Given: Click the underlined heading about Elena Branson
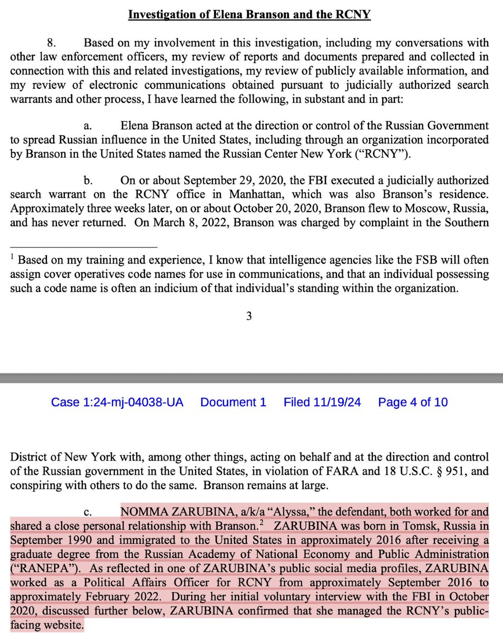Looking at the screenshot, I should tap(249, 15).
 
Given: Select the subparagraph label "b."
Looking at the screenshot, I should tap(88, 180).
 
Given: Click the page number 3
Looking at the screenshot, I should tap(249, 316).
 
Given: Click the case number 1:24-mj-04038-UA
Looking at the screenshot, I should tap(117, 402).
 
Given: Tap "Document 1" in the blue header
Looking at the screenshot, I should tap(233, 402).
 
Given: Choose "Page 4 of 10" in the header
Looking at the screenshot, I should tap(413, 402).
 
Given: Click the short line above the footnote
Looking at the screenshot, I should tap(83, 247).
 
